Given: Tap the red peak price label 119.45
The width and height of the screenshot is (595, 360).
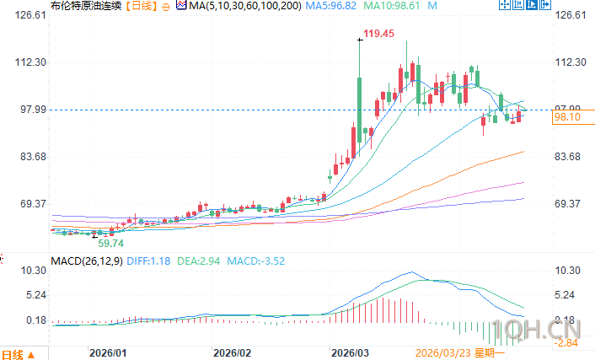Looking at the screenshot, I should click(x=378, y=34).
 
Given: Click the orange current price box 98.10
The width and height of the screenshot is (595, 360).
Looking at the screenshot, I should click(x=566, y=118).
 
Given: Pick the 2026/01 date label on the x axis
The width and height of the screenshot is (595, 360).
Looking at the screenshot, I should click(x=108, y=353).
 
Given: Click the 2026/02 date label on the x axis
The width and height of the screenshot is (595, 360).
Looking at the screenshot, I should click(x=233, y=353).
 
